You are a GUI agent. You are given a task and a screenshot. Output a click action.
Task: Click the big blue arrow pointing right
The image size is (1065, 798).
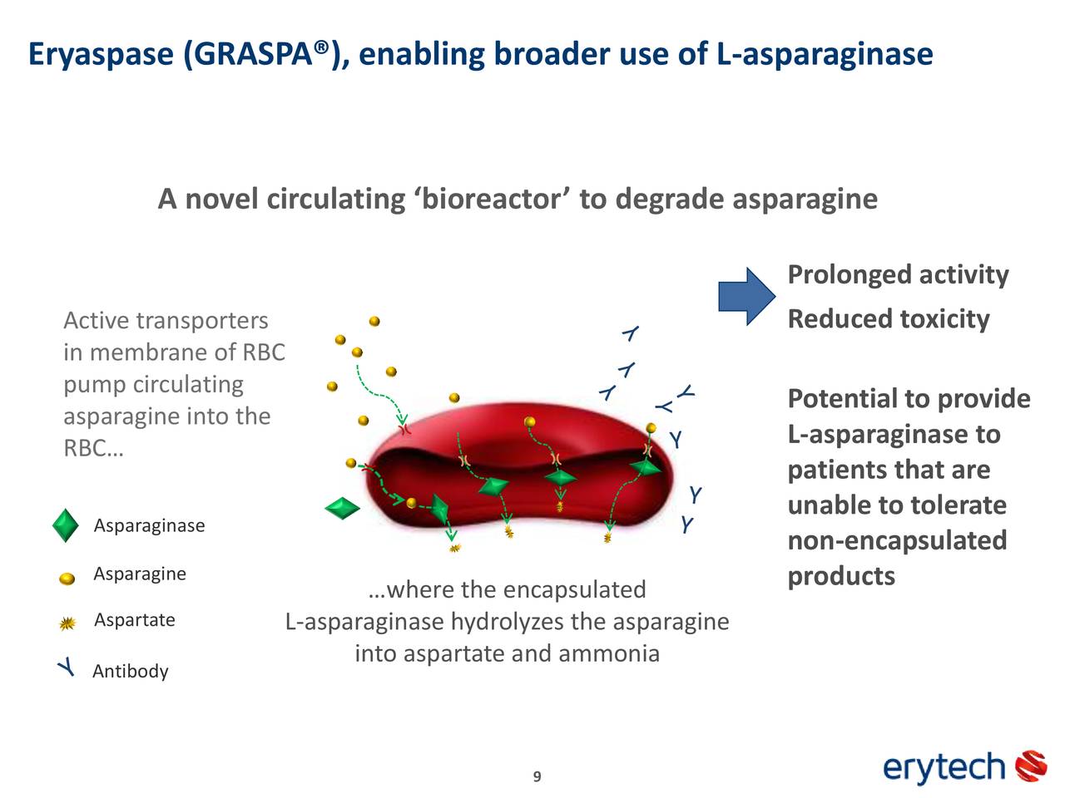coord(747,296)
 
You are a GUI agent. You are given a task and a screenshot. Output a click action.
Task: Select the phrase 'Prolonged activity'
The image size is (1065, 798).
coord(898,274)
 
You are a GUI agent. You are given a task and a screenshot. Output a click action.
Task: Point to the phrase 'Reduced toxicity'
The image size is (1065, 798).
coord(888,319)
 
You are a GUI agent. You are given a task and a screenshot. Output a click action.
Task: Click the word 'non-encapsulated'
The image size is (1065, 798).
coord(897,540)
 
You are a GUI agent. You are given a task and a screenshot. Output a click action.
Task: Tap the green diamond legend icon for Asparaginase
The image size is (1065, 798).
coord(66,526)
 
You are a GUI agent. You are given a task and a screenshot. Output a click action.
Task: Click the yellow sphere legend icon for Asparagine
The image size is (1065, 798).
coord(67,579)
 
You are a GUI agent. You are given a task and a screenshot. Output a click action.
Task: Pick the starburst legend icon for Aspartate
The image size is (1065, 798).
coord(68,623)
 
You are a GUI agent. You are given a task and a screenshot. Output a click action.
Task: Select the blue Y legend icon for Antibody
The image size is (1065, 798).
coord(67,668)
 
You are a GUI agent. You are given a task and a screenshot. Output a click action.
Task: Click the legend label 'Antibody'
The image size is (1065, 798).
coord(131,672)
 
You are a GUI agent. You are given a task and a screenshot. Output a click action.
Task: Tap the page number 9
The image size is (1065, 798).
coord(537,776)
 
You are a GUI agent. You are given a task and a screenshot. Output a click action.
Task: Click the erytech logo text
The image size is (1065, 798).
coord(944,766)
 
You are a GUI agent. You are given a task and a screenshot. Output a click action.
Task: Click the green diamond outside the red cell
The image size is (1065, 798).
coord(342,509)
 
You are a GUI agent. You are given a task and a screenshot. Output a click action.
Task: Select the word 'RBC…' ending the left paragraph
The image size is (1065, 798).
coord(93,449)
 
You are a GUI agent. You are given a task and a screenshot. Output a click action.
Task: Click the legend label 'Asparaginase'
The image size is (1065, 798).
coord(149,526)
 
